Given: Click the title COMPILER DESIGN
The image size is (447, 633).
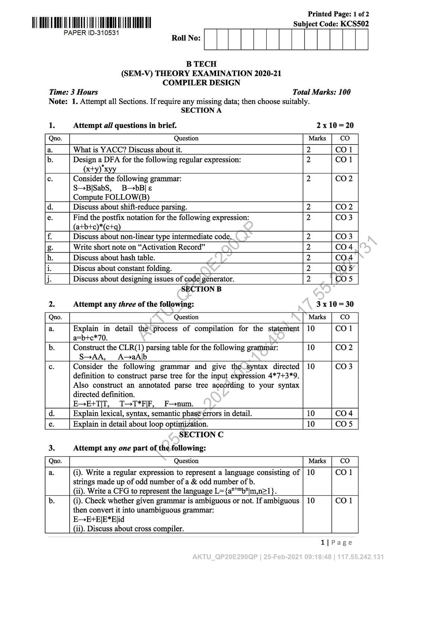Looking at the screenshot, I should [x=201, y=83].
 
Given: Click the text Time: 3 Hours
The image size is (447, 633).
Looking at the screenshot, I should [x=73, y=92].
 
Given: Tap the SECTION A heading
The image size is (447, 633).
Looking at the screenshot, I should [x=201, y=111].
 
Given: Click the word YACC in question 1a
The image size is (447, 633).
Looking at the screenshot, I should [x=111, y=150].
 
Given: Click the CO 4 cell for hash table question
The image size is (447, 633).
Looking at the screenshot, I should [x=344, y=258].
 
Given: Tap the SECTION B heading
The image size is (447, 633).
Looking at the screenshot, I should [x=201, y=289].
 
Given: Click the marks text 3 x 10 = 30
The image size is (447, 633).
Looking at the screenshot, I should [x=335, y=304].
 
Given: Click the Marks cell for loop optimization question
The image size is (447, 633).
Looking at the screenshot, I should [x=311, y=424].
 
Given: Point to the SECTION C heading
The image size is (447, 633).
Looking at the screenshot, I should [x=201, y=435].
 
